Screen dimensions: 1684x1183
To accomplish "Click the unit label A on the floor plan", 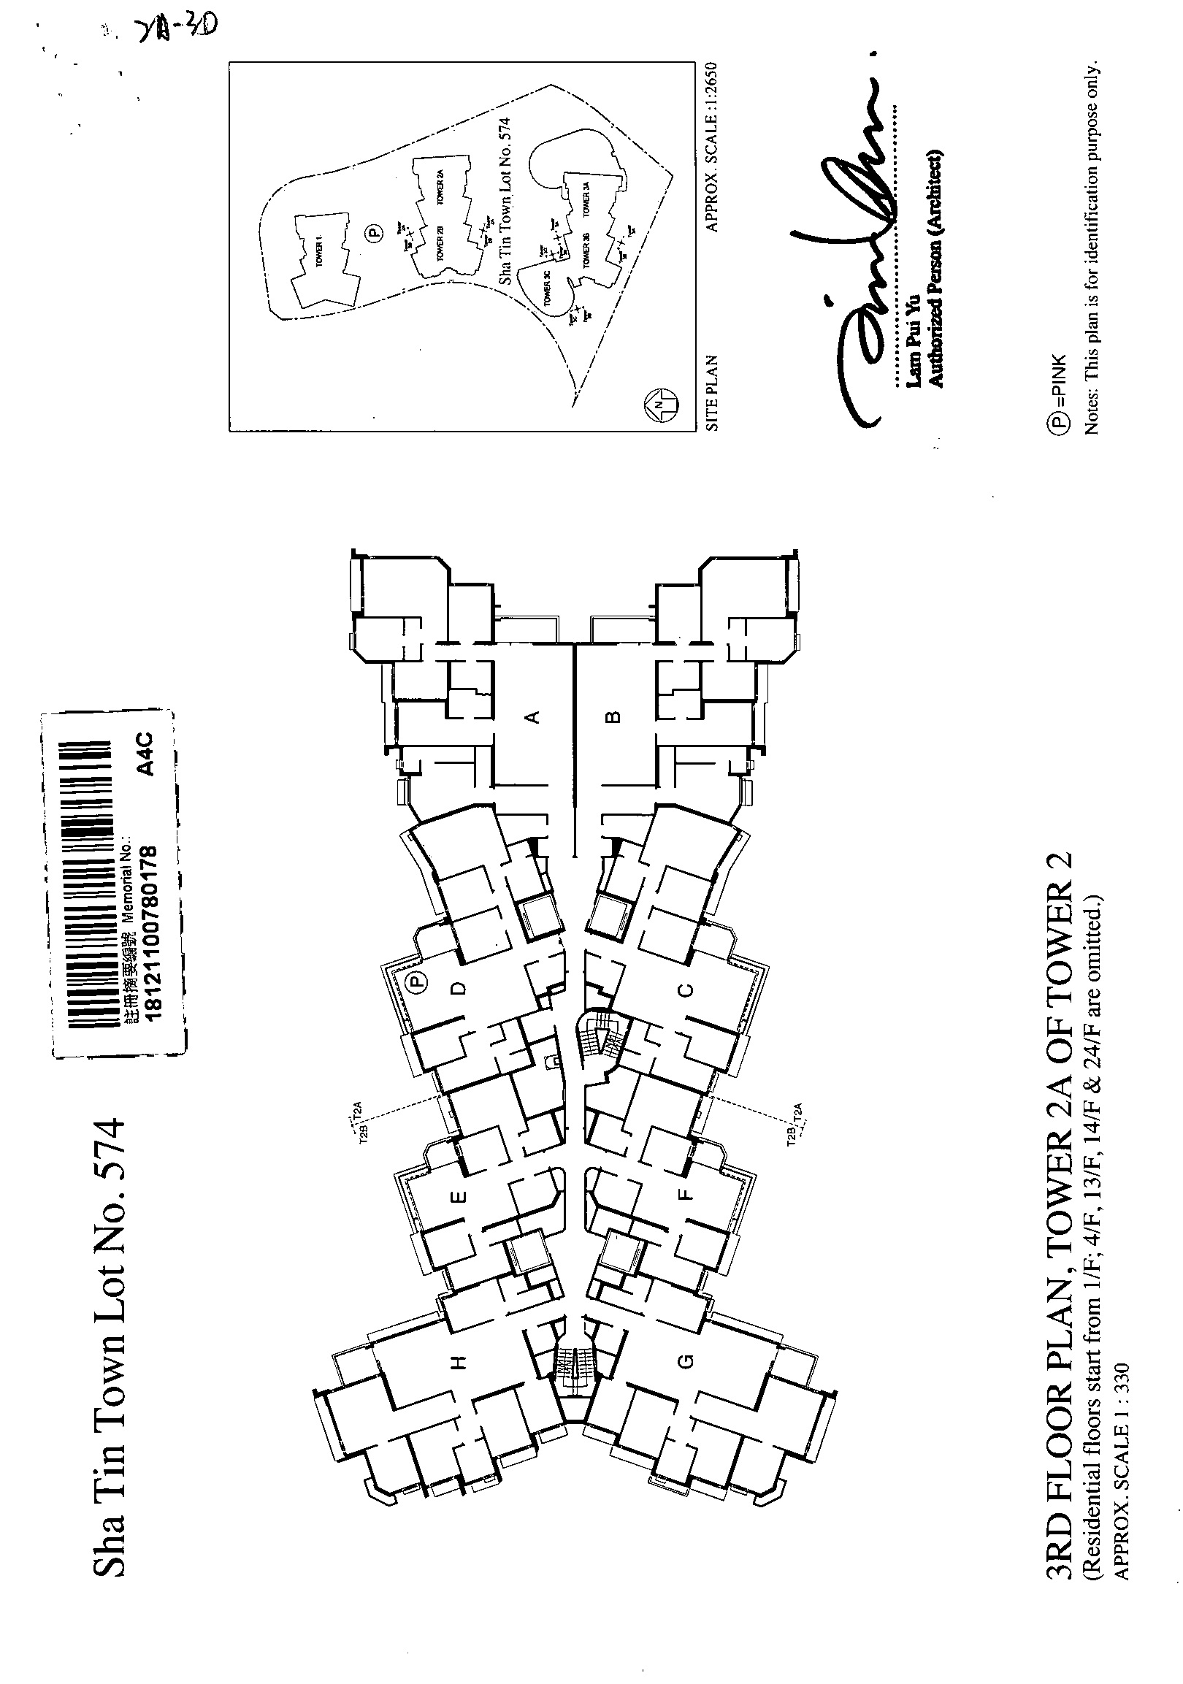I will pos(535,716).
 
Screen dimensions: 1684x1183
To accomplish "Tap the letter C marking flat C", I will pos(685,990).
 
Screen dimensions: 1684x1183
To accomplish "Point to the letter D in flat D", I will pos(459,988).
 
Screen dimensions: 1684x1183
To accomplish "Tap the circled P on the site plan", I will pos(374,234).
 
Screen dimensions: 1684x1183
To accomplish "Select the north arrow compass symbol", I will pos(661,405).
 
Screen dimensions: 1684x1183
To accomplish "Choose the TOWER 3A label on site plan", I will pos(586,199).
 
